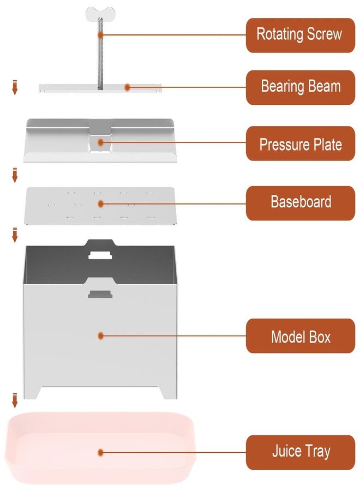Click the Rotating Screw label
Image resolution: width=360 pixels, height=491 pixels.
300,35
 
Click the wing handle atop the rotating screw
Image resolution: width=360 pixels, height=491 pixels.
100,13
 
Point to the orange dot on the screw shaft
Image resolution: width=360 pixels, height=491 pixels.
100,35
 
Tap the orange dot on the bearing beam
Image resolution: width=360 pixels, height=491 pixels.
127,87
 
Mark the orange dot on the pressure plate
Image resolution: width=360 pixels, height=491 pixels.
100,142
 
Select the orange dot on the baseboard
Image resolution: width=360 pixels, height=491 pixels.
100,204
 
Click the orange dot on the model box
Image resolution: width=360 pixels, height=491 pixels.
100,336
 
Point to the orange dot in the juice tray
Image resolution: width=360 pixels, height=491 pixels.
100,452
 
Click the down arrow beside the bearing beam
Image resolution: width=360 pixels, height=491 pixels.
15,87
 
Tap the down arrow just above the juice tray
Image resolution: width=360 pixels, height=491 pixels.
15,400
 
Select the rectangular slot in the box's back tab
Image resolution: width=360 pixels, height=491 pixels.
100,255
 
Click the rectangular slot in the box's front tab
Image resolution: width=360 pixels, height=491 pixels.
100,294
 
